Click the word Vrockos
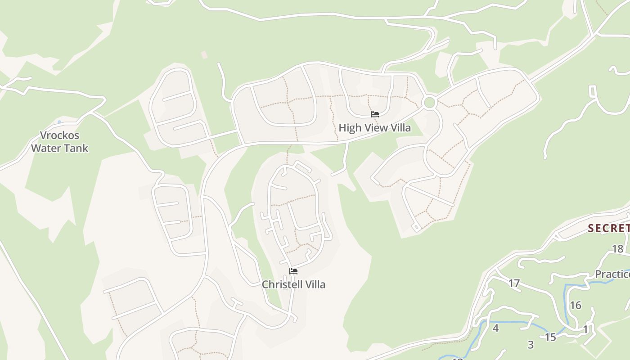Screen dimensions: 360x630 [x=59, y=135]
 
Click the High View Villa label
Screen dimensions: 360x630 [x=374, y=128]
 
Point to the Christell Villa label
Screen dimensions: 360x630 [x=293, y=284]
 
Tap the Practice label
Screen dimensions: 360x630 [x=612, y=274]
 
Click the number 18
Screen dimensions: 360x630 [x=617, y=249]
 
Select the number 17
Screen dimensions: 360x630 [x=514, y=283]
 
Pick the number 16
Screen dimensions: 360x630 [x=576, y=305]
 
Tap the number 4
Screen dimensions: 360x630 [x=495, y=328]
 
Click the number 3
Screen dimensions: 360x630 [x=531, y=345]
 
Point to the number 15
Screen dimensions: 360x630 [x=550, y=337]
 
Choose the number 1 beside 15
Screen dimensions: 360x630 [x=585, y=330]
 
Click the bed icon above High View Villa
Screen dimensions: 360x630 [x=375, y=114]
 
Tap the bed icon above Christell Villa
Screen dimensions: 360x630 [x=293, y=271]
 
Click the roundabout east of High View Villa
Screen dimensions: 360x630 [x=429, y=102]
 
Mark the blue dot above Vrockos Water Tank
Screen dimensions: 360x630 [x=59, y=122]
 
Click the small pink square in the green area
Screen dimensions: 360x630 [x=204, y=54]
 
